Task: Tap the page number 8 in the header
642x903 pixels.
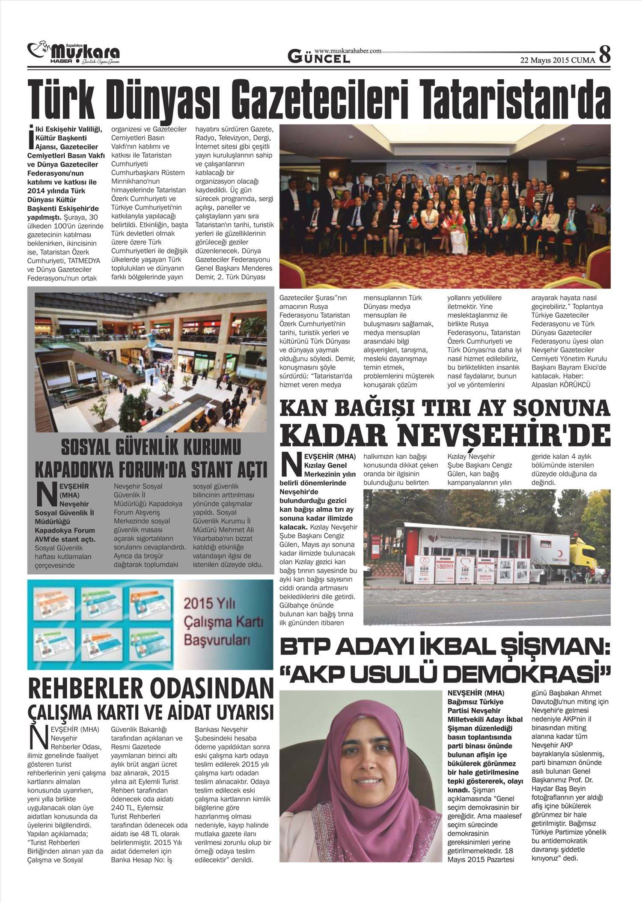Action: coord(604,55)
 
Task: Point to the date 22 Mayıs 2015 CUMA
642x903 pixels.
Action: coord(557,60)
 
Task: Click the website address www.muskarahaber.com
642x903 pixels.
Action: coord(348,51)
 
